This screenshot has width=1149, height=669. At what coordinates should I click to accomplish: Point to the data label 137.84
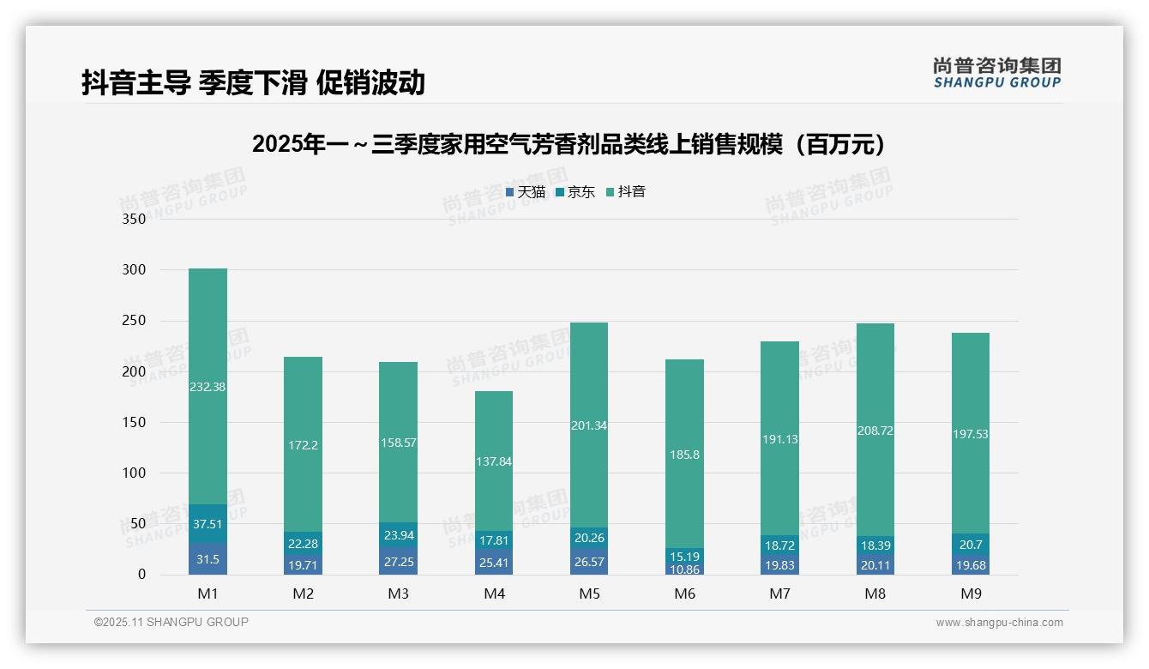point(494,461)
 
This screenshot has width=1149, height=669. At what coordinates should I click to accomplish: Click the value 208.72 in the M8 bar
point(875,431)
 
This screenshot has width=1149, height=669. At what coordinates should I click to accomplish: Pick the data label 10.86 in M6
point(684,570)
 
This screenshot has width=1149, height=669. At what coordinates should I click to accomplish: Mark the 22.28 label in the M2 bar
point(303,544)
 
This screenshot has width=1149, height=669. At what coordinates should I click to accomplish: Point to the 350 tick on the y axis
point(135,219)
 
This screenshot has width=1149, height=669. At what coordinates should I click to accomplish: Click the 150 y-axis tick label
point(135,422)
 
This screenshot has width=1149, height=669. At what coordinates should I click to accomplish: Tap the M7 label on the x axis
point(779,594)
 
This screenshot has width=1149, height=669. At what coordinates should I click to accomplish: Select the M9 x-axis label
point(970,594)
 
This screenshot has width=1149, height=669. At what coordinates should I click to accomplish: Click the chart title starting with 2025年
point(568,145)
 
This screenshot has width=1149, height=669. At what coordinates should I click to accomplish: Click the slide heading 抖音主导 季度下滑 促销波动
point(253,82)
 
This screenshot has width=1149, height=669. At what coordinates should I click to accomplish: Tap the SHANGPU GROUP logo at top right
point(996,72)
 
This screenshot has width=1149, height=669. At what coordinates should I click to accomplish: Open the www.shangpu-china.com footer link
point(999,623)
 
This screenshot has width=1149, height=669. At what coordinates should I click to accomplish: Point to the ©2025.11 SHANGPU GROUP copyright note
point(171,623)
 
